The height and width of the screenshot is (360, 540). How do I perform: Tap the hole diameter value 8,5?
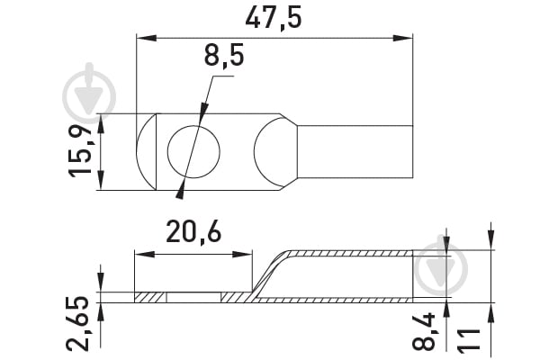coord(224,58)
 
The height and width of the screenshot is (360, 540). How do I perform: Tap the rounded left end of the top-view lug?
coord(146,151)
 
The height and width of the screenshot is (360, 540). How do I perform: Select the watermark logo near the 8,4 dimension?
coord(441,261)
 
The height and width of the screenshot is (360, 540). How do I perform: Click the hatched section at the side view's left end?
coord(149,296)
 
